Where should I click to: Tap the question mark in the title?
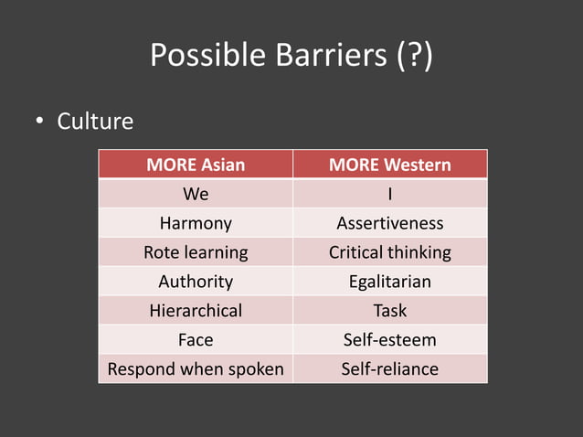(415, 57)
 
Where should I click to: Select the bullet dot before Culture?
(40, 122)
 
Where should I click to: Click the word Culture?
(95, 121)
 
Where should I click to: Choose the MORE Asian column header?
(196, 165)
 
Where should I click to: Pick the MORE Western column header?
(390, 165)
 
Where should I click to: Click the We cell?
(196, 194)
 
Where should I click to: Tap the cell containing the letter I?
(390, 194)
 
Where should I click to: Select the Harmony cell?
(196, 223)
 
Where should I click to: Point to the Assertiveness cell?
(390, 223)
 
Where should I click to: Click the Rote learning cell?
(196, 252)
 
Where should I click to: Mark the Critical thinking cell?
(390, 252)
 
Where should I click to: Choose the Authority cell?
(196, 282)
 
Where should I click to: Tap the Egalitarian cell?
(390, 282)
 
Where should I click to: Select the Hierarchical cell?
(196, 311)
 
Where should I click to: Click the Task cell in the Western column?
(390, 311)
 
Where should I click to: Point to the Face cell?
(196, 340)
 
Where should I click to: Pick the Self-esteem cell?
(390, 340)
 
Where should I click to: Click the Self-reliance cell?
(390, 369)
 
